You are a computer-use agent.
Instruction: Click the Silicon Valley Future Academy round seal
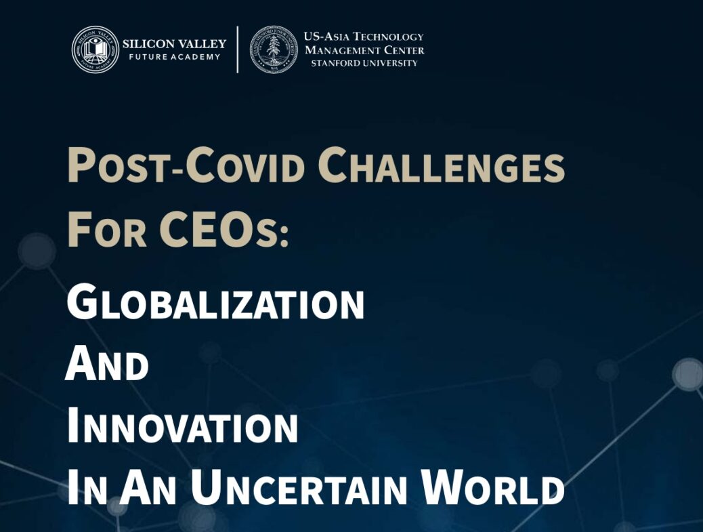[95, 49]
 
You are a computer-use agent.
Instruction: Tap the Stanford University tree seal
[274, 49]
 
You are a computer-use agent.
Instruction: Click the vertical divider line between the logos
[238, 49]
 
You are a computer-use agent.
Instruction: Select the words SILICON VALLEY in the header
[175, 44]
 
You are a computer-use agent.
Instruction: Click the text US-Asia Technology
[364, 37]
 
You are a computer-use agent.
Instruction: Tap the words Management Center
[364, 49]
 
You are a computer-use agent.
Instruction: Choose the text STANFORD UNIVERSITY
[364, 63]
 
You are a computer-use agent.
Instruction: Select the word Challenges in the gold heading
[441, 165]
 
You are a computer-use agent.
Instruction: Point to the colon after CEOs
[283, 235]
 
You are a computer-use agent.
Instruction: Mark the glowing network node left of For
[37, 251]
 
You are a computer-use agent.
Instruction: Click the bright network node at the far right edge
[689, 375]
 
